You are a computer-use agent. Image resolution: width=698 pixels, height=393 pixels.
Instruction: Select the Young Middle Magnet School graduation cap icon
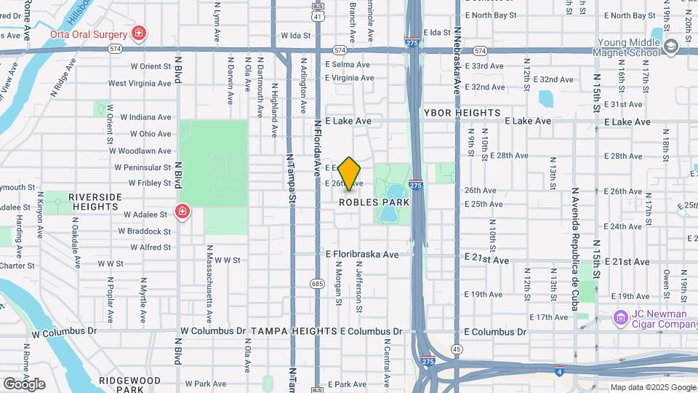pyautogui.click(x=670, y=47)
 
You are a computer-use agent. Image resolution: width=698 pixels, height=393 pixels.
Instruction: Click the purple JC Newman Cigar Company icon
pyautogui.click(x=620, y=317)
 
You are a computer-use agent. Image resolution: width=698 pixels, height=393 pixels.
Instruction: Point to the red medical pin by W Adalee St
pyautogui.click(x=182, y=212)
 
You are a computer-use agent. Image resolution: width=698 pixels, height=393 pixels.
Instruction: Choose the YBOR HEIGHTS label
pyautogui.click(x=462, y=113)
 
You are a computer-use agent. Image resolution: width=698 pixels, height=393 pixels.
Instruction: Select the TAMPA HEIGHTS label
pyautogui.click(x=293, y=331)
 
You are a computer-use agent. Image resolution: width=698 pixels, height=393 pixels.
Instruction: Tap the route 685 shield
pyautogui.click(x=317, y=283)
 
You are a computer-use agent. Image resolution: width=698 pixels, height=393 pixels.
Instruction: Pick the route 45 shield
pyautogui.click(x=457, y=349)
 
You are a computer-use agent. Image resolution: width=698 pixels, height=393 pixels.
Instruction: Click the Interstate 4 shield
pyautogui.click(x=558, y=370)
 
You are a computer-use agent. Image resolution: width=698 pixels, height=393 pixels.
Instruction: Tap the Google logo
pyautogui.click(x=24, y=384)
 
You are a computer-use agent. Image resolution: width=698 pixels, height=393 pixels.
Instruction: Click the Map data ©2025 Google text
pyautogui.click(x=652, y=387)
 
